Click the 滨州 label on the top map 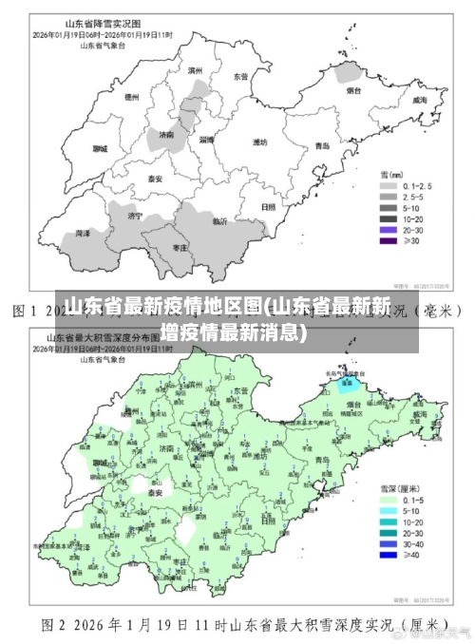[x=196, y=70]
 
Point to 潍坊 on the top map [x=259, y=142]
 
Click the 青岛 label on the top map [x=322, y=146]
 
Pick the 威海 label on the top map [x=419, y=100]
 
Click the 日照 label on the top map [x=269, y=206]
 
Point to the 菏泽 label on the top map [x=84, y=233]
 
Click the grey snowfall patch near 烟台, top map [x=351, y=73]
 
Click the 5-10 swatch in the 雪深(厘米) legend [x=388, y=511]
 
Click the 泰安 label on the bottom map [x=154, y=493]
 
